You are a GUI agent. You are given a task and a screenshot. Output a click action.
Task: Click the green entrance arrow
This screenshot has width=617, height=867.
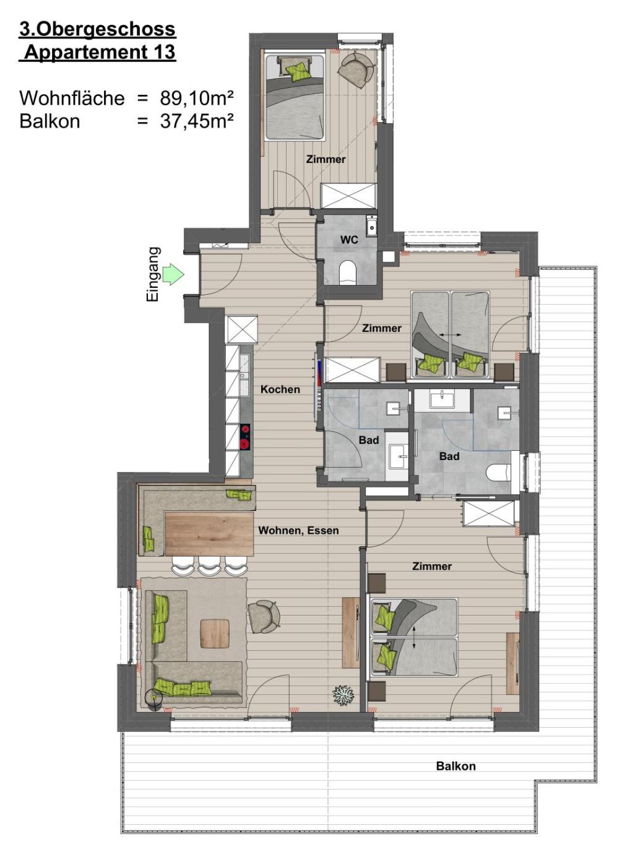coord(173,275)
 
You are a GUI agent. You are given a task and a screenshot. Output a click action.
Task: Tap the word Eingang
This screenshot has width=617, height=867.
coord(153,274)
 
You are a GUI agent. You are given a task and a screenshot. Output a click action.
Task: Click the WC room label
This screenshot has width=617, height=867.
coord(349,240)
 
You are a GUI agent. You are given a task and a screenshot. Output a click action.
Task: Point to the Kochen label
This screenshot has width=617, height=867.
coord(280,390)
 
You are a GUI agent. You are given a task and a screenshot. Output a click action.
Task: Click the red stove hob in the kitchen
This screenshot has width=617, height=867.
coord(245,437)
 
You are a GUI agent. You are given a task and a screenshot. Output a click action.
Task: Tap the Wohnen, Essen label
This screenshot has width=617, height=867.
coord(298,530)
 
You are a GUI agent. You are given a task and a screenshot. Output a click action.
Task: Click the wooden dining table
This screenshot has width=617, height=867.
coord(209,533)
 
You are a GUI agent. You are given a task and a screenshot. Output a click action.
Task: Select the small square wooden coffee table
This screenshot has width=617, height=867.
coord(215,634)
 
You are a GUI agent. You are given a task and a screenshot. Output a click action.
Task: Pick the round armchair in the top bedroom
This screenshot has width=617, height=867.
coord(355,69)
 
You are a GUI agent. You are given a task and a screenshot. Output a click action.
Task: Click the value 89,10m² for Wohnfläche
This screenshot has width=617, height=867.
coord(197,98)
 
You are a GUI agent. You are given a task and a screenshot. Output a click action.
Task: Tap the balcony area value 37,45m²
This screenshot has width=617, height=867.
coord(197,121)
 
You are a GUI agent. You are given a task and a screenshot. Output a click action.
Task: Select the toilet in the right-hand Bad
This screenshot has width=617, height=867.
coord(498,473)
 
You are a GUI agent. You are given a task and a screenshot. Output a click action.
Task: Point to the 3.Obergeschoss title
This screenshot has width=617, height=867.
coord(98,30)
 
